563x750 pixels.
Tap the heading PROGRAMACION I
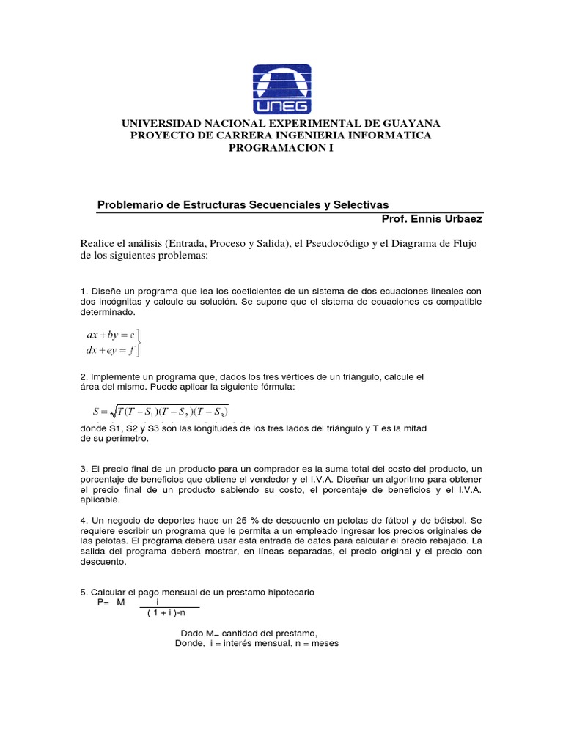281,148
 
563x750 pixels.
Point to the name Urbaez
463,218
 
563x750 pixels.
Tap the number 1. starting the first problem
84,292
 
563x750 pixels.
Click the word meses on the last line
323,644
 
